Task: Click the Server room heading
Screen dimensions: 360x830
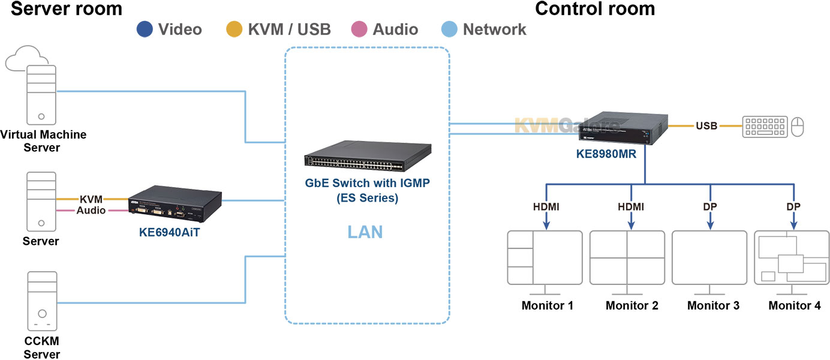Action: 66,9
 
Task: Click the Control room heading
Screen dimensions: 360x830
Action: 594,9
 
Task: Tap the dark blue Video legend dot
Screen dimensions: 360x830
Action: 146,29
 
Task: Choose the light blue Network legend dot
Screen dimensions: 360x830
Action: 450,29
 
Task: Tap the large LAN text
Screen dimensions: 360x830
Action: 365,232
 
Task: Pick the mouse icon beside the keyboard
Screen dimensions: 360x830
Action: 797,127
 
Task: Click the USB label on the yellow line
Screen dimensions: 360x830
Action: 707,127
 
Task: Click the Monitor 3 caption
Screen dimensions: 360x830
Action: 713,306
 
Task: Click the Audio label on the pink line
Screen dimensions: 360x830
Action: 91,211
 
